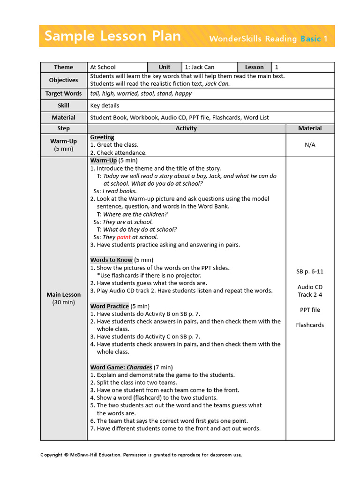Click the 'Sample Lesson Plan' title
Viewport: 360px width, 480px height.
(x=112, y=36)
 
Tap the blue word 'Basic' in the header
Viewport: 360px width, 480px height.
(x=310, y=38)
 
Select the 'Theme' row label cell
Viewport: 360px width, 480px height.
(x=63, y=67)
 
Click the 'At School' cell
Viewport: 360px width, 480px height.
(x=103, y=67)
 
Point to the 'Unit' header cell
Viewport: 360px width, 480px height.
(x=165, y=67)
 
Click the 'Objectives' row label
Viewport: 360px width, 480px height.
(x=63, y=80)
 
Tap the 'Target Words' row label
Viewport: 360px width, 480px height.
(x=63, y=94)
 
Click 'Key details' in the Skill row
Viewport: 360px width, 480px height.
(x=105, y=106)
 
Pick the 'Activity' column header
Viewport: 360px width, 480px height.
(x=186, y=128)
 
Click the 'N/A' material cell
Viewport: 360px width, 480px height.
(x=310, y=145)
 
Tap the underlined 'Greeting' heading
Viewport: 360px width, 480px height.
(x=102, y=137)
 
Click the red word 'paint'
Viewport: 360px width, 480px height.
(x=124, y=237)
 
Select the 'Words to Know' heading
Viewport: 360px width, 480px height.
(x=111, y=260)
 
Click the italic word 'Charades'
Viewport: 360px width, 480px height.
(x=139, y=367)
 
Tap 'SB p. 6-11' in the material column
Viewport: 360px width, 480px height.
(x=310, y=271)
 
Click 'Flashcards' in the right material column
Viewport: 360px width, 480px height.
(x=310, y=325)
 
